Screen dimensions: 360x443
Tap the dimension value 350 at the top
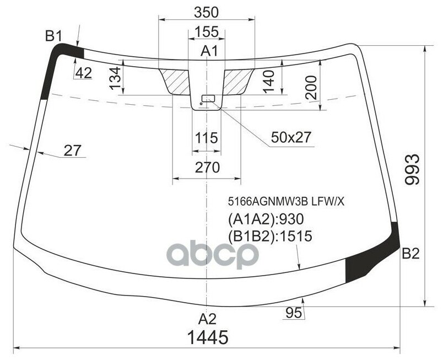click(x=207, y=12)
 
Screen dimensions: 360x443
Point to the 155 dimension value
click(x=207, y=31)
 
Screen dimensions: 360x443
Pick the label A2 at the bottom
click(x=208, y=319)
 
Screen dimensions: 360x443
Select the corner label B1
click(x=53, y=36)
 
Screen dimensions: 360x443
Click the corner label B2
click(x=410, y=254)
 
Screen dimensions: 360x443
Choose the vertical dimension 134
click(x=115, y=78)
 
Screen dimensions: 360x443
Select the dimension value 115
click(x=207, y=137)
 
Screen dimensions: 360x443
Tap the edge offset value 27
click(x=72, y=149)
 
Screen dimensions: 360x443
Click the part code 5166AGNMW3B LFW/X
click(x=283, y=202)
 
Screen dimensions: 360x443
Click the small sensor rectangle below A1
click(x=209, y=99)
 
